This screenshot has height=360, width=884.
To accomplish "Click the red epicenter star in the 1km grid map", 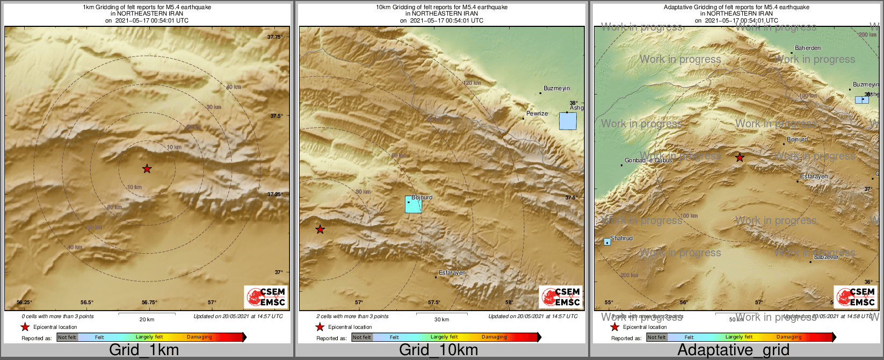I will coord(147,169).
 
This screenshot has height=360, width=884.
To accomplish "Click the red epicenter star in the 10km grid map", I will coord(320,229).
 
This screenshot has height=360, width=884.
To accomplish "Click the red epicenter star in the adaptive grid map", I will coord(740,157).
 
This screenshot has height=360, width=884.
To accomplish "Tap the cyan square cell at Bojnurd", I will coord(414,205).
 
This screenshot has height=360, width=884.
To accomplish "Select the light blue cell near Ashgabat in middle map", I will coord(568,121).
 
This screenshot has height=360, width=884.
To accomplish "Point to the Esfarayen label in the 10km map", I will coord(452,273).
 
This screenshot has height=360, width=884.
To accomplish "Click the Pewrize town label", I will coord(537,113).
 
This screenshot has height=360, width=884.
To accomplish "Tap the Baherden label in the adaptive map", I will coord(808,48).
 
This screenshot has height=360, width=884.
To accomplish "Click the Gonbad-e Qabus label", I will coord(648,160).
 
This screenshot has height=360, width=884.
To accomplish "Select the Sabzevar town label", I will coord(826,257).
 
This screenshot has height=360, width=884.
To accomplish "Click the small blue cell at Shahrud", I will coord(607,242).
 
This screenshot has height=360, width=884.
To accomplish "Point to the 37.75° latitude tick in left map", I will coord(275,37).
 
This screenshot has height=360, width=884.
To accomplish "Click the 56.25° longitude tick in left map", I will coord(24,303).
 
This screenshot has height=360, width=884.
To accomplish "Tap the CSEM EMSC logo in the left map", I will coord(266,297).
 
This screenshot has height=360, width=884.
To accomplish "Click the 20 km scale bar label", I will coord(147,320).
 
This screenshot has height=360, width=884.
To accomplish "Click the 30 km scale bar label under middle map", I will coord(441,320).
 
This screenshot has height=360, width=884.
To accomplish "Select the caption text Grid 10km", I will coord(438,350).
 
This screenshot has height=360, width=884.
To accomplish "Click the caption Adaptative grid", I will coord(733,350).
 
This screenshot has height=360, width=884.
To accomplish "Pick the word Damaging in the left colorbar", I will coord(199,337).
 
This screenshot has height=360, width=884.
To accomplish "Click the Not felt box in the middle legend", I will coord(362,337).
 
